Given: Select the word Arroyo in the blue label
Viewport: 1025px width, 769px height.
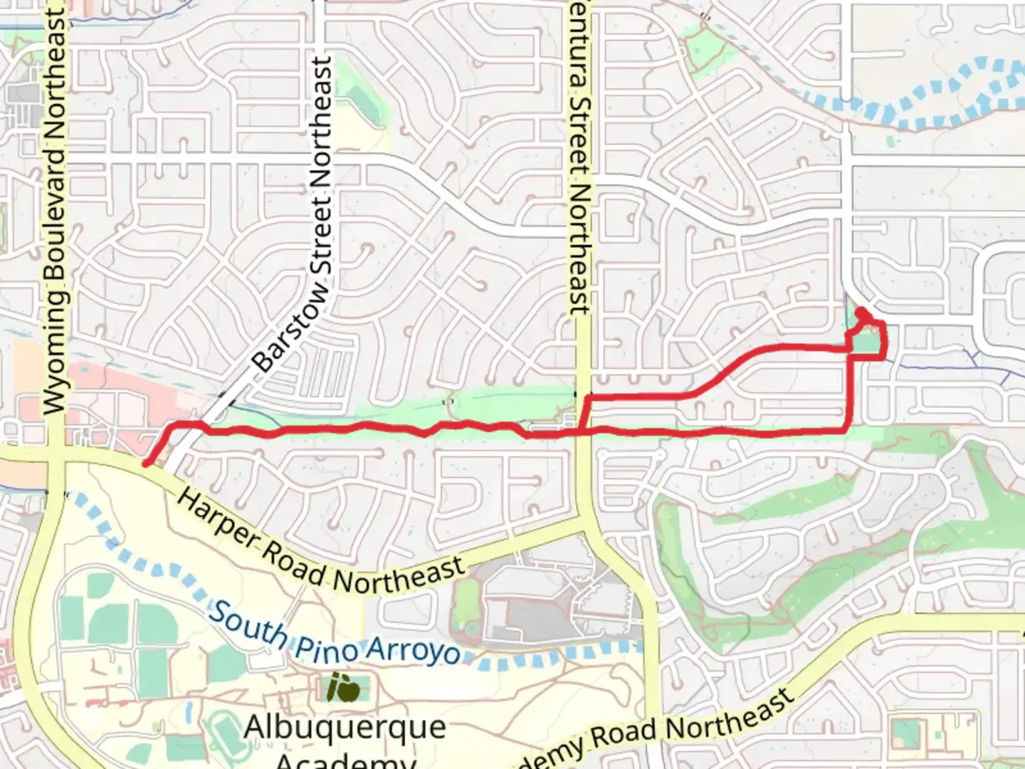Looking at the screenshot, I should (413, 652).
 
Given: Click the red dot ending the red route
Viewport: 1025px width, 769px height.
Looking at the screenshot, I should (861, 313).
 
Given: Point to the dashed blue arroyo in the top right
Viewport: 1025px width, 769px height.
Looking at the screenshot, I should (925, 100).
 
